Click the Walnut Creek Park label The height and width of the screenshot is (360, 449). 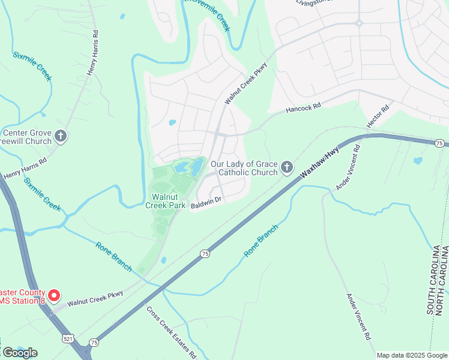(166, 200)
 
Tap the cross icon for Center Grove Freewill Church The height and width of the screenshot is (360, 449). (60, 137)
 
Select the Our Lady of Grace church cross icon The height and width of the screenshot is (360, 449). (287, 167)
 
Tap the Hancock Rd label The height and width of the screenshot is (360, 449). (304, 108)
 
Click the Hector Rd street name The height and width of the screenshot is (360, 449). (378, 116)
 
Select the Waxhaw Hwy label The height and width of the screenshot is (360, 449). (320, 164)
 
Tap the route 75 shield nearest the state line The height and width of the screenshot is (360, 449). (440, 143)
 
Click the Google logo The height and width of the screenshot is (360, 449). (20, 353)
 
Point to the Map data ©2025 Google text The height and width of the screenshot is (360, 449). (412, 355)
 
